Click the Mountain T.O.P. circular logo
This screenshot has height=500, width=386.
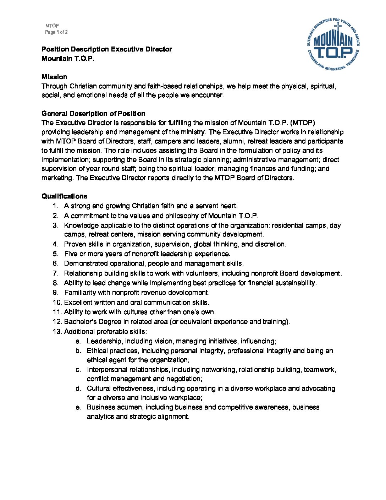333,44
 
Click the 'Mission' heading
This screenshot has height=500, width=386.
54,77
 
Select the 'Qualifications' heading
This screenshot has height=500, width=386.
64,196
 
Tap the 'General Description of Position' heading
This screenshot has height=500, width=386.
93,113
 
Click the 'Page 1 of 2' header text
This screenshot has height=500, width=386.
56,32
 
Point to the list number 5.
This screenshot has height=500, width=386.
56,254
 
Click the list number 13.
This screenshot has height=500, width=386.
57,331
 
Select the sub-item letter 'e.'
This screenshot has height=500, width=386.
78,407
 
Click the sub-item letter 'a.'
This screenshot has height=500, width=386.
78,341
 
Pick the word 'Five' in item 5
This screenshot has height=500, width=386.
71,254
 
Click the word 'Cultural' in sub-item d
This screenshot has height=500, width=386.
99,388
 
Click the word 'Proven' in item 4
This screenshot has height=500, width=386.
75,244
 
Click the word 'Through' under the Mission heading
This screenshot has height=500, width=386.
55,86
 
